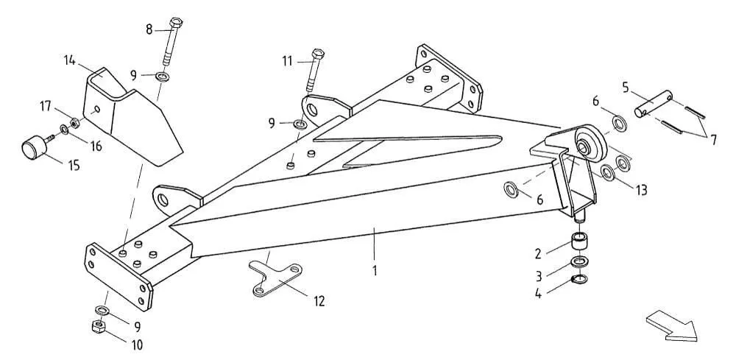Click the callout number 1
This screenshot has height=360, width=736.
[x=374, y=270]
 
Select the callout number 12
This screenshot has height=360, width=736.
[x=318, y=300]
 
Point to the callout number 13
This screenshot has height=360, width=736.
[x=642, y=191]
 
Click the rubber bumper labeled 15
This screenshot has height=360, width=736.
[x=32, y=149]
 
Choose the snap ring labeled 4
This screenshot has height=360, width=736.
[x=579, y=278]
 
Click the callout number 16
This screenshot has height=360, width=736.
[x=95, y=147]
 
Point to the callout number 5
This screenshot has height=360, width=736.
[x=625, y=88]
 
